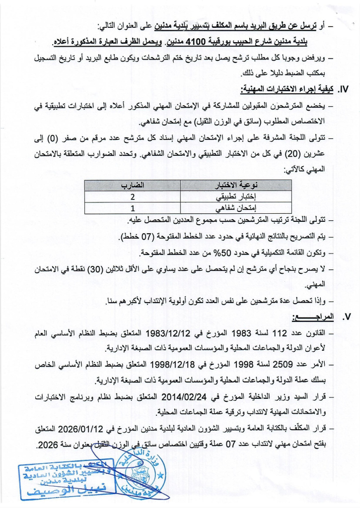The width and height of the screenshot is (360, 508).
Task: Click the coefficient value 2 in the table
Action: (134, 197)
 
